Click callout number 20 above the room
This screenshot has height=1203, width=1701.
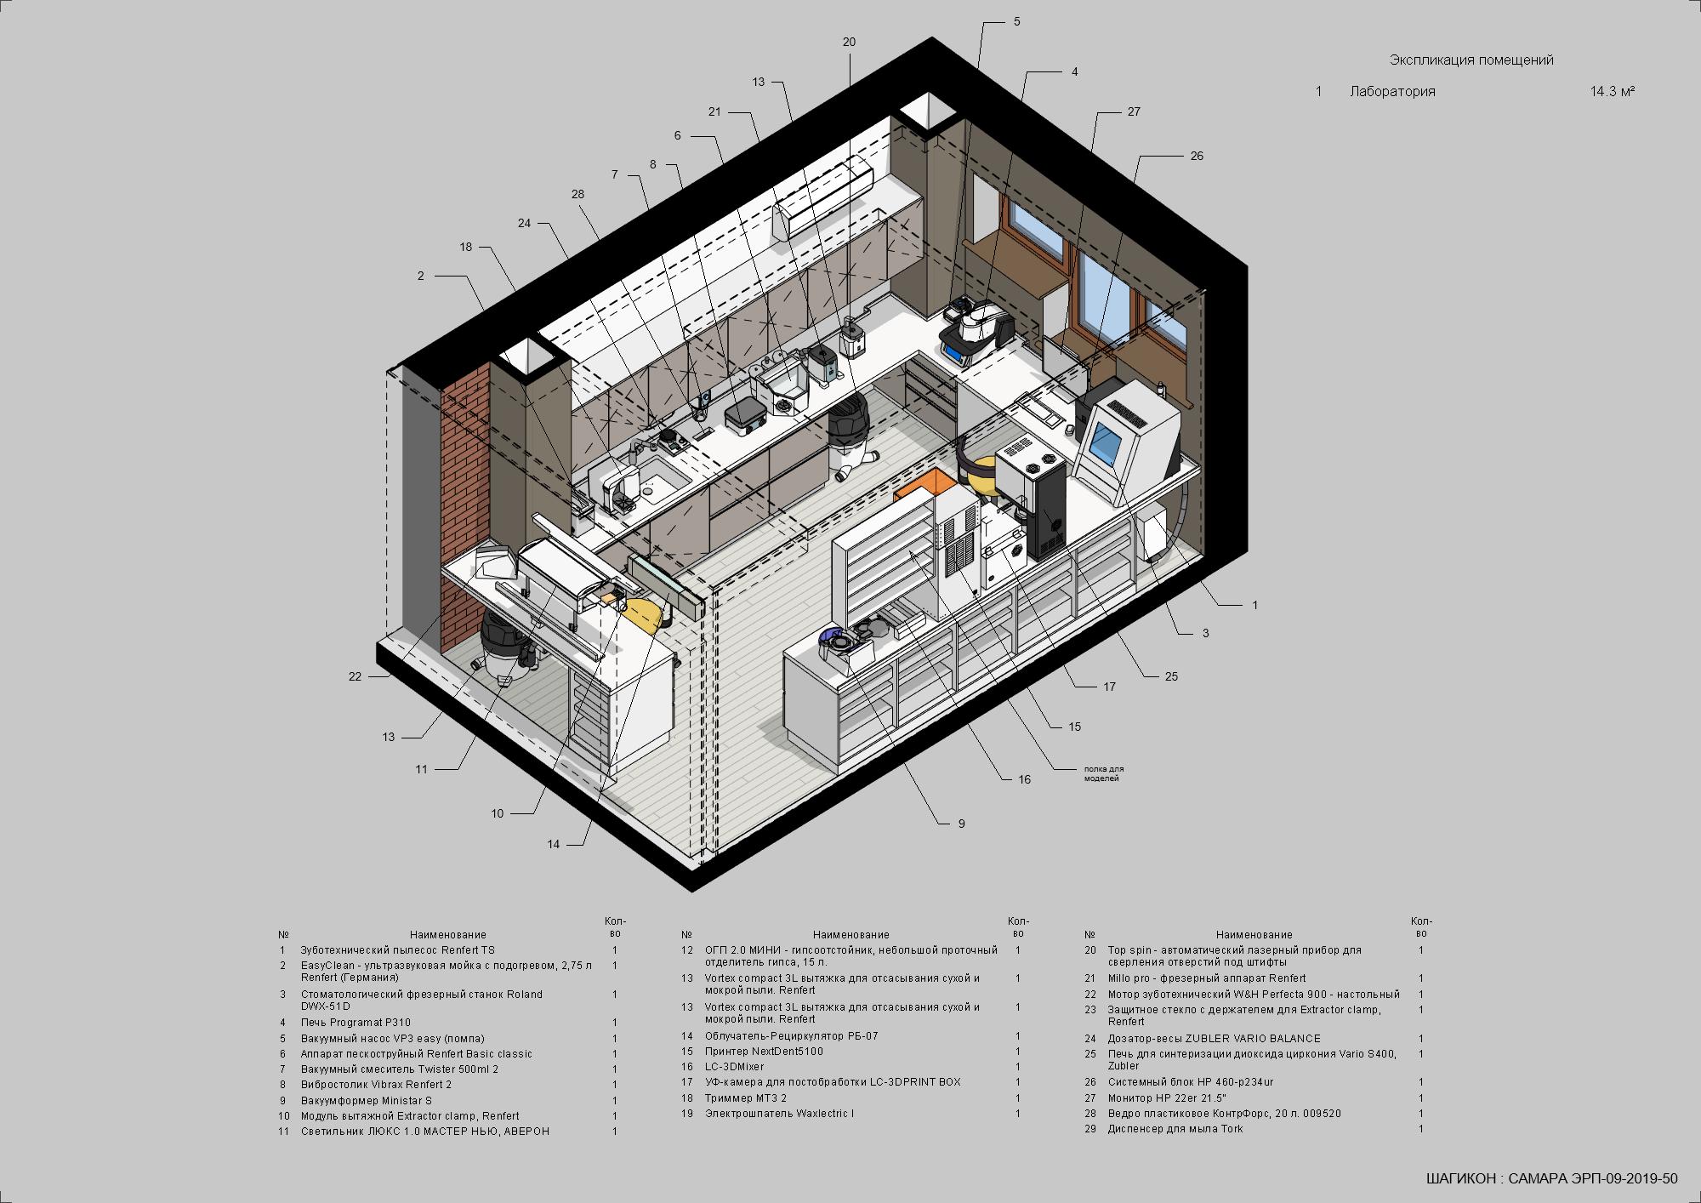[x=849, y=42]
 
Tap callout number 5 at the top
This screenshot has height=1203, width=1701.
[x=1016, y=22]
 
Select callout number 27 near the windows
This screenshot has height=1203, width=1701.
[x=1134, y=111]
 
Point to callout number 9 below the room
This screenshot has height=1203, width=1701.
[x=962, y=824]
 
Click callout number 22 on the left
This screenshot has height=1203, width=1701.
[x=355, y=676]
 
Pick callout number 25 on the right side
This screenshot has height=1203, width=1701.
[x=1171, y=676]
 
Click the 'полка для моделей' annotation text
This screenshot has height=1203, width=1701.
[x=1103, y=773]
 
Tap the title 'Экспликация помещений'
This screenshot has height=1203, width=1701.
[x=1471, y=60]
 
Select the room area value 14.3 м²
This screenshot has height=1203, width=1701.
[x=1613, y=91]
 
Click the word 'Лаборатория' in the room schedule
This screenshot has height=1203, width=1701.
[x=1392, y=91]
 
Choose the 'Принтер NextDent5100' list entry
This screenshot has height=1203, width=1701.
[x=764, y=1052]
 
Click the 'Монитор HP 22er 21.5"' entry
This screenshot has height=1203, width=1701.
[x=1167, y=1098]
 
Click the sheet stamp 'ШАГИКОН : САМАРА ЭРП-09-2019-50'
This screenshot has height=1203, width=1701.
[x=1551, y=1178]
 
